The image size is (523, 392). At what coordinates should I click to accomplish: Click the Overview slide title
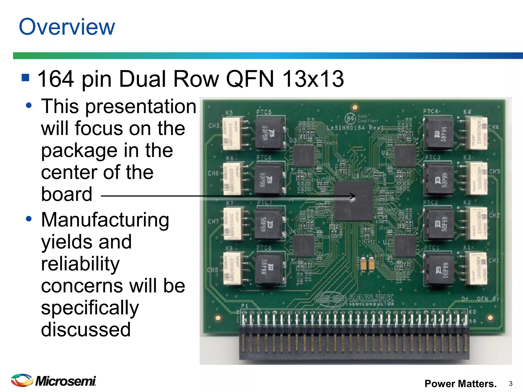click(67, 27)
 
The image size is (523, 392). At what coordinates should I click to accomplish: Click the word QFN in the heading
click(250, 79)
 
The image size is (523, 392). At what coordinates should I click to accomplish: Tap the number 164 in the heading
click(56, 79)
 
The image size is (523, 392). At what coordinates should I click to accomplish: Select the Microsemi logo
click(54, 381)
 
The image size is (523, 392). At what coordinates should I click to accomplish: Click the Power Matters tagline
click(460, 384)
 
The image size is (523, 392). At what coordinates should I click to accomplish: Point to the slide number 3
click(510, 384)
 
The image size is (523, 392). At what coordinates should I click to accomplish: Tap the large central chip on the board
click(354, 201)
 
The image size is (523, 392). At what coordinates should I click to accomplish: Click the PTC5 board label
click(264, 112)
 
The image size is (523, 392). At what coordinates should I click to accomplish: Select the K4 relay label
click(467, 112)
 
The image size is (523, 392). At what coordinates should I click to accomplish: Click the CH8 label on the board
click(213, 270)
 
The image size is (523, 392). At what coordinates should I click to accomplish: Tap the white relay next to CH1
click(477, 268)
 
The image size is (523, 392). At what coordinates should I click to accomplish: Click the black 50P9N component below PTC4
click(439, 133)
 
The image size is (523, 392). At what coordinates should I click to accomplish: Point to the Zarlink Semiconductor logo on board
click(355, 299)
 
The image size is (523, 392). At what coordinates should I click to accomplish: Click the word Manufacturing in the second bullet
click(105, 220)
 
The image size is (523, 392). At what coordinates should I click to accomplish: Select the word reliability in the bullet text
click(80, 264)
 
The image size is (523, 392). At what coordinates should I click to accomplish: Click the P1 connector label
click(244, 306)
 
